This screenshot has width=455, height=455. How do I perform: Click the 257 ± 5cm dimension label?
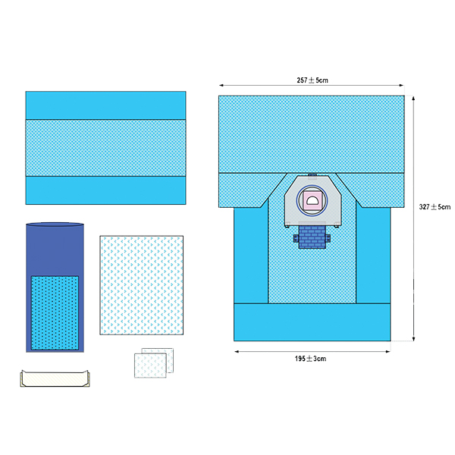coord(312,80)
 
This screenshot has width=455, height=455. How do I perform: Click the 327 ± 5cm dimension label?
coord(435,207)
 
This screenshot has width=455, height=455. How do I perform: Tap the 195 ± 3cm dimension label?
coord(310,359)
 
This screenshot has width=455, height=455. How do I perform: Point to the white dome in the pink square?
coord(312,200)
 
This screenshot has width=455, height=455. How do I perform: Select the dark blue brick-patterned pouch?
coord(312,237)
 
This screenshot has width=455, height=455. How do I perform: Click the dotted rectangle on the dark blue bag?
coord(55,312)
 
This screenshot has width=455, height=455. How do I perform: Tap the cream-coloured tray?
coord(55,378)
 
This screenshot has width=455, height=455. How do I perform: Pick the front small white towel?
coord(150,366)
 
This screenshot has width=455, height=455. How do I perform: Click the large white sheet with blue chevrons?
coord(142,285)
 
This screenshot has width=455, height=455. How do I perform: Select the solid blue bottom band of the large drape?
coord(312,322)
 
